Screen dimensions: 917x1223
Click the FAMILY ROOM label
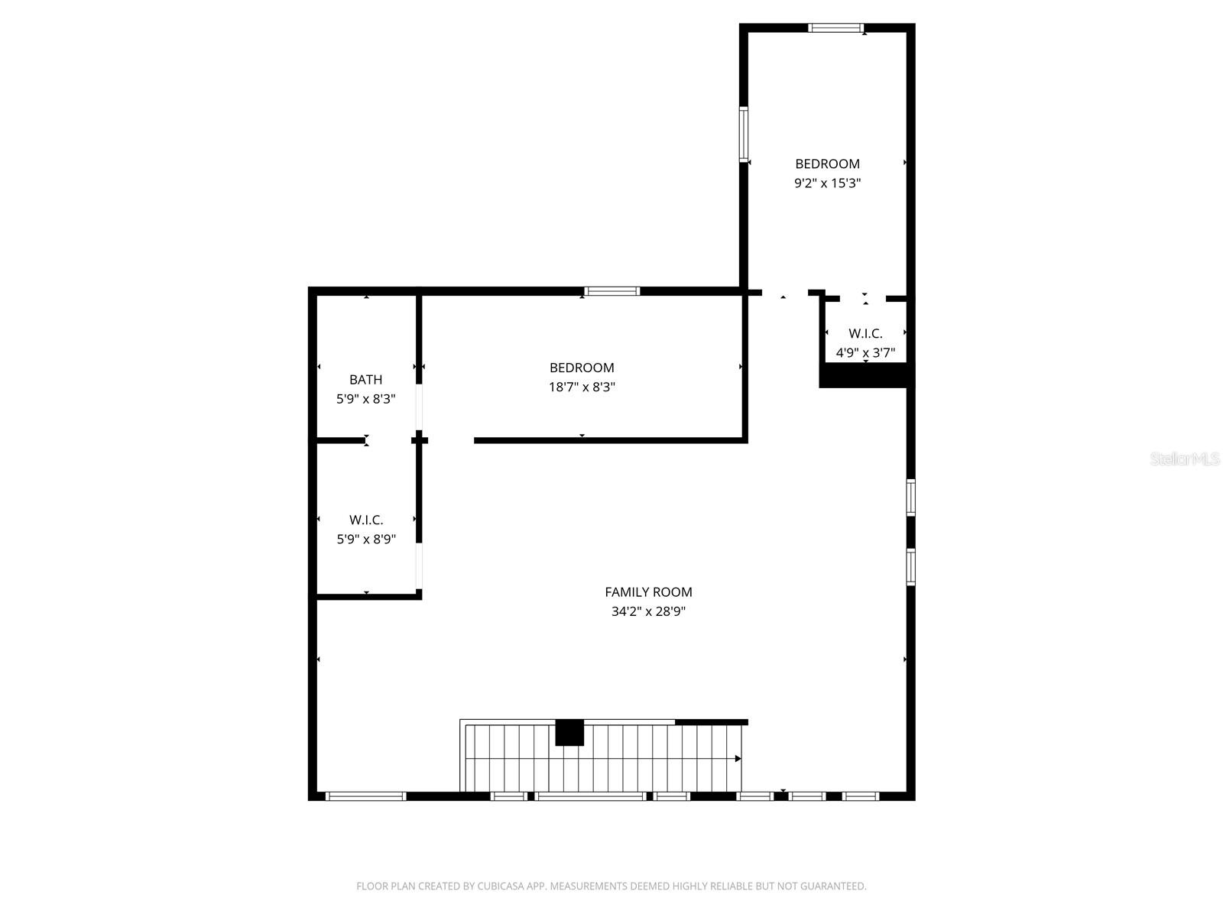(648, 591)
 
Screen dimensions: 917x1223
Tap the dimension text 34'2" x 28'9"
(648, 611)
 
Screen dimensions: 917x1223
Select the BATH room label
(365, 379)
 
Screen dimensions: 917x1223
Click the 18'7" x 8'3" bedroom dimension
(582, 387)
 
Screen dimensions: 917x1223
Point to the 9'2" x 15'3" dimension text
(827, 183)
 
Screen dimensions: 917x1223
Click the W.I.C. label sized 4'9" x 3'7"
(865, 333)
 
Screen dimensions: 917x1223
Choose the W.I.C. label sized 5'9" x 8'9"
(366, 520)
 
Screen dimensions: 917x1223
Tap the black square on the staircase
(569, 732)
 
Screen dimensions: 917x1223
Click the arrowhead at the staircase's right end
(738, 759)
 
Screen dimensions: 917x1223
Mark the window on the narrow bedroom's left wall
(743, 134)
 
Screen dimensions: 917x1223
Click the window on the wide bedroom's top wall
(611, 291)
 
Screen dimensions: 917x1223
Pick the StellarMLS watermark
(1185, 459)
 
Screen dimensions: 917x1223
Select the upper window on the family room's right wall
(911, 497)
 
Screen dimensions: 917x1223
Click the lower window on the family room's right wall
(911, 566)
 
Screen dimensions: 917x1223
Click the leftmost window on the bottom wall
(365, 796)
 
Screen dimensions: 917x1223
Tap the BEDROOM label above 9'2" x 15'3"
(827, 164)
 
